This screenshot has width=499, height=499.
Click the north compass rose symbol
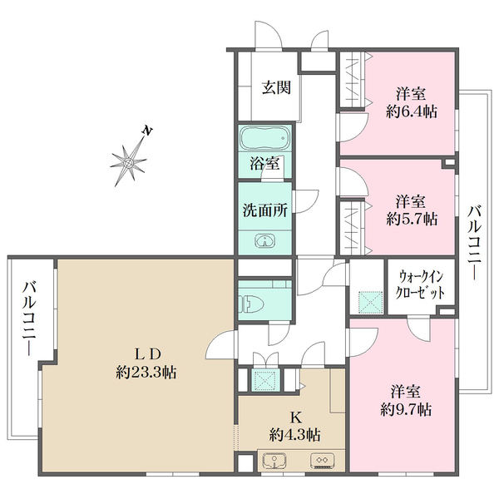129,162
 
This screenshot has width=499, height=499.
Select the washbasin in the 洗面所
264,241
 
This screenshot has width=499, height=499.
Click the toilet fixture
253,304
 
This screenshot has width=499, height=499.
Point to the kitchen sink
274,460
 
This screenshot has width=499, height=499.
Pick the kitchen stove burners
322,461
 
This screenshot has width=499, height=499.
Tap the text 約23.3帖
146,372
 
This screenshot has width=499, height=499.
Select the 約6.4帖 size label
412,111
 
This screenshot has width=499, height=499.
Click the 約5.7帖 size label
412,219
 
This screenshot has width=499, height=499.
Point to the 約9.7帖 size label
406,409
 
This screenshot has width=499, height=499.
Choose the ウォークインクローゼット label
419,284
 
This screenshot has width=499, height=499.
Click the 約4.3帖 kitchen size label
294,434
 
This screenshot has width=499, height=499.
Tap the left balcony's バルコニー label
29,318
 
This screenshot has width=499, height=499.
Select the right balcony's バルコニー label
474,243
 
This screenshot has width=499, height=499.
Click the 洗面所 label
265,210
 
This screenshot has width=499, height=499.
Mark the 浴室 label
264,164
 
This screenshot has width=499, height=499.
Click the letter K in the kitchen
295,417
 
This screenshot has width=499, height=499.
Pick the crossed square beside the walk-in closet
370,301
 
